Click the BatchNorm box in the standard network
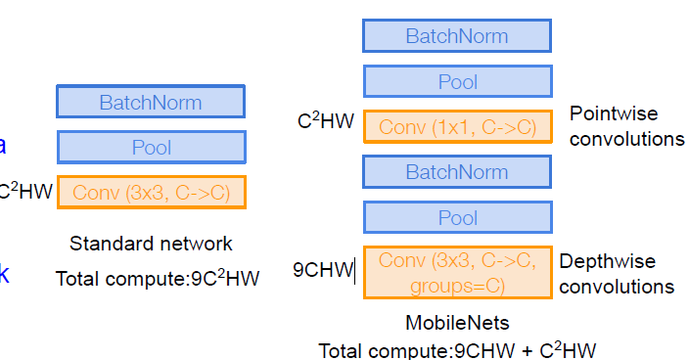tap(151, 102)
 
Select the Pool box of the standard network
tap(151, 147)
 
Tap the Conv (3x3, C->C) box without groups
tap(151, 193)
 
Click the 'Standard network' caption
tap(151, 243)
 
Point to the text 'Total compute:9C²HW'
tap(158, 279)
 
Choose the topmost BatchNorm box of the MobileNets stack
tap(457, 36)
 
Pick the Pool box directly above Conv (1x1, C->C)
tap(457, 82)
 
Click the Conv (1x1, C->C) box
tap(457, 127)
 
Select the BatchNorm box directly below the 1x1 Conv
tap(457, 172)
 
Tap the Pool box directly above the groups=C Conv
tap(457, 217)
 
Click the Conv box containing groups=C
tap(457, 272)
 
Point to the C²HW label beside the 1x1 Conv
tap(326, 122)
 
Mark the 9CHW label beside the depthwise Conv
tap(322, 269)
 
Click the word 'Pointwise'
tap(615, 114)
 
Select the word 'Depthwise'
tap(607, 261)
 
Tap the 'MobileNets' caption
tap(457, 322)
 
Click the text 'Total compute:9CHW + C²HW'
tap(457, 349)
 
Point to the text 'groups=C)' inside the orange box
tap(457, 285)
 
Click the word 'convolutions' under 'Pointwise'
tap(626, 139)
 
